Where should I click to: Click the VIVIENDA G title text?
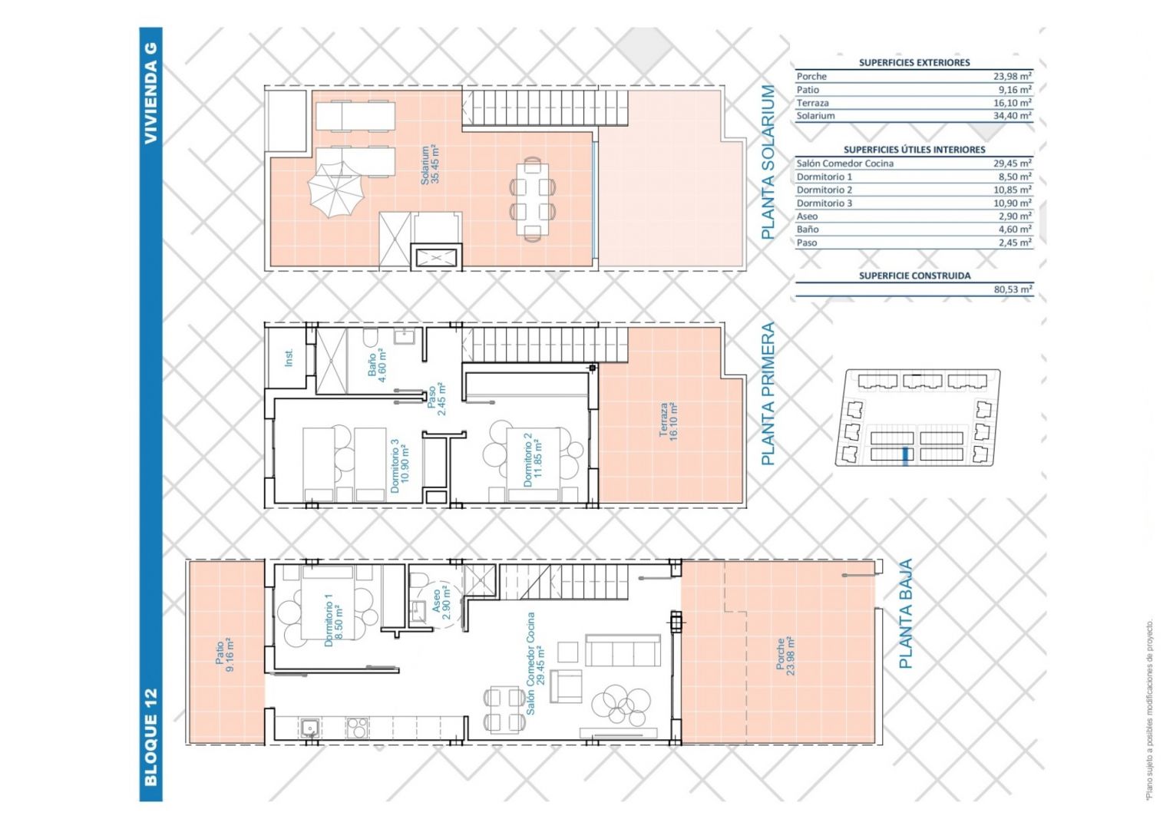(x=150, y=94)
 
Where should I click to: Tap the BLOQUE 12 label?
(x=150, y=738)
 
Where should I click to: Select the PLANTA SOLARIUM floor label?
(x=767, y=162)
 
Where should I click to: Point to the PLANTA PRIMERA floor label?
(x=767, y=394)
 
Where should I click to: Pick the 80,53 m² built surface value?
(x=1013, y=289)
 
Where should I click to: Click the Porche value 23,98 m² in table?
(x=1013, y=76)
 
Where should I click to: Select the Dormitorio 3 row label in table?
(x=824, y=203)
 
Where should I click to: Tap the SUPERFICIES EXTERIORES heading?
(x=914, y=62)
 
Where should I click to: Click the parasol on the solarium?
(x=335, y=189)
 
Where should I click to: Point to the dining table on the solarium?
(x=533, y=199)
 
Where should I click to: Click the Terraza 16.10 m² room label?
(x=669, y=421)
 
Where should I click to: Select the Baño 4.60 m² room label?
(x=377, y=365)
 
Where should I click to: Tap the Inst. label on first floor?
(x=289, y=358)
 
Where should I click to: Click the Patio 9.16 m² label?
(x=225, y=655)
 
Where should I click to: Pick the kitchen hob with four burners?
(x=357, y=728)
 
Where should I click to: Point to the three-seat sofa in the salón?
(x=623, y=650)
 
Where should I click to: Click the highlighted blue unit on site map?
(x=904, y=454)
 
